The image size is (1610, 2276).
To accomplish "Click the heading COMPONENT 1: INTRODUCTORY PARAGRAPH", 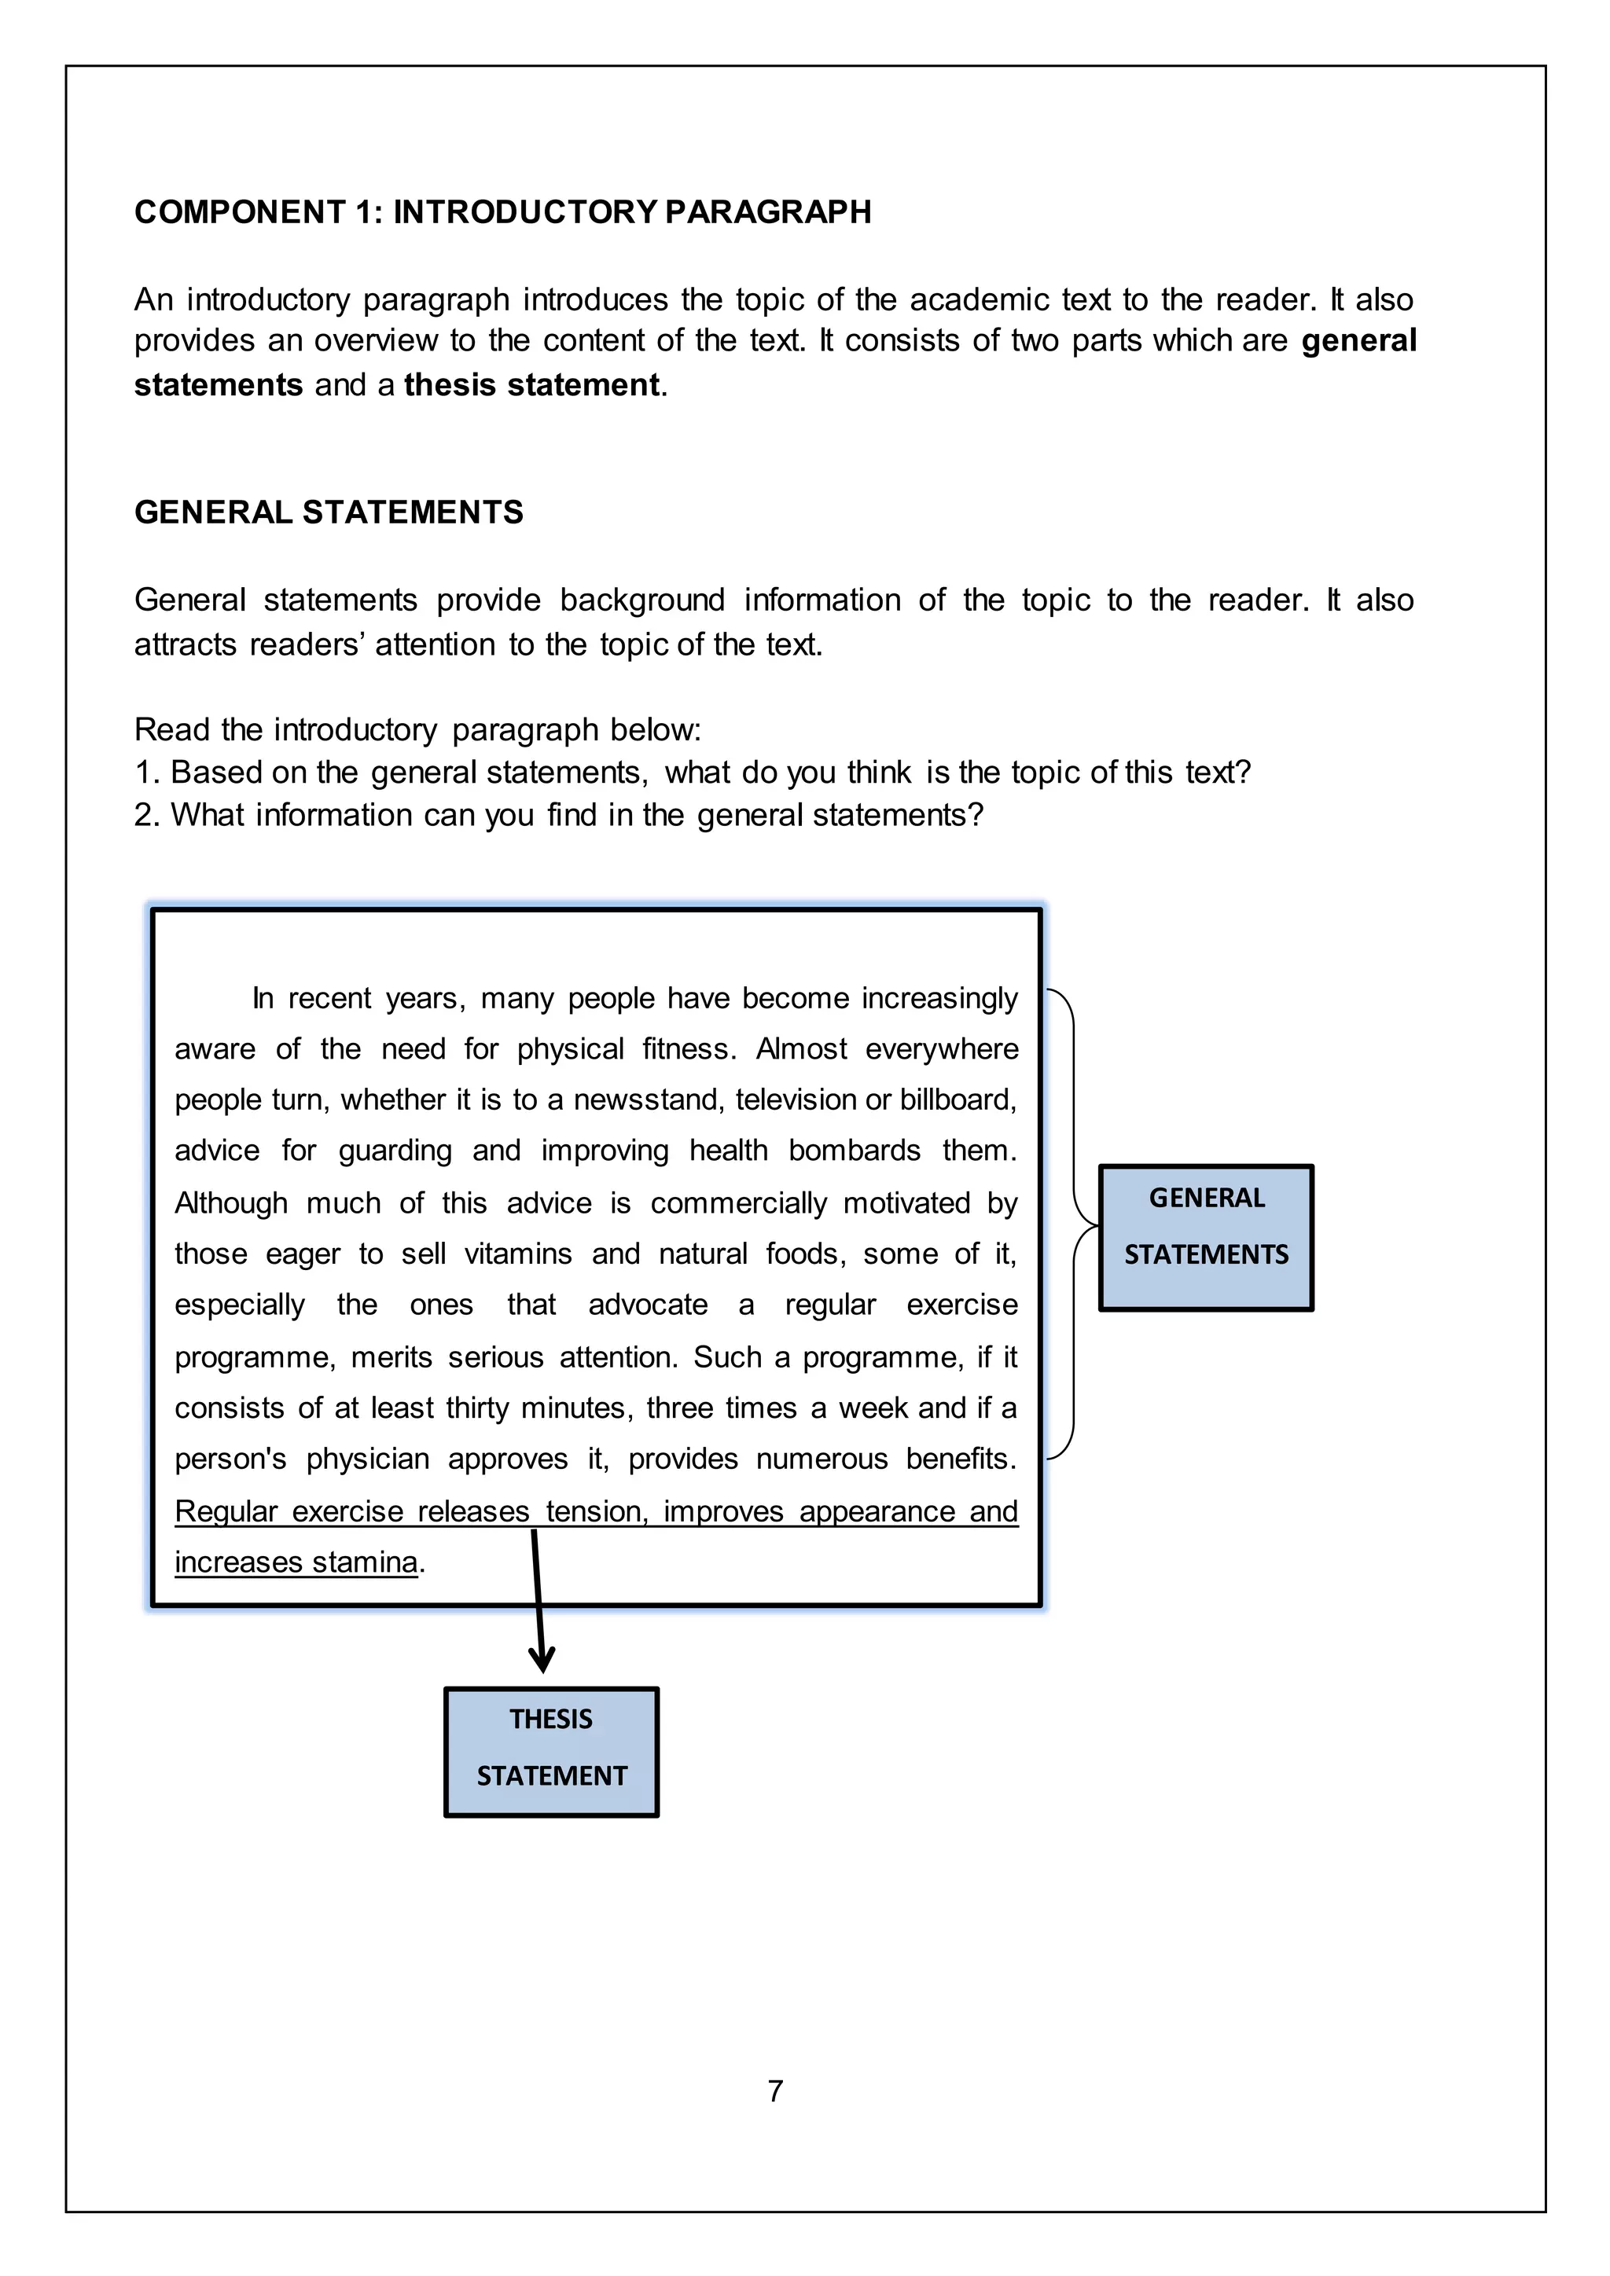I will [502, 212].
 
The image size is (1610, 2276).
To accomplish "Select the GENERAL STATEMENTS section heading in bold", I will [328, 512].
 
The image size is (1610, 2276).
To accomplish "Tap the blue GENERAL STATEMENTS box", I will [1205, 1238].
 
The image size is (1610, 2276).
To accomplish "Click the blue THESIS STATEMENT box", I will [551, 1752].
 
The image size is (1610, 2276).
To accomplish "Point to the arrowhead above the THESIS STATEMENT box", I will [542, 1658].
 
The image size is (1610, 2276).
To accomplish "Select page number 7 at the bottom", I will [775, 2091].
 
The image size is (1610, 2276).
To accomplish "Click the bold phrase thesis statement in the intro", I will [531, 384].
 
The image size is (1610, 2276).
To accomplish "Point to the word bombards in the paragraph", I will [855, 1150].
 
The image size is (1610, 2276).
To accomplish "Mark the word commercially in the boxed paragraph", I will [737, 1202].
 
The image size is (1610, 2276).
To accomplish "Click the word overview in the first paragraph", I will [376, 341].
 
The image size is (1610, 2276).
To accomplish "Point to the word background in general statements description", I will [641, 600].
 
